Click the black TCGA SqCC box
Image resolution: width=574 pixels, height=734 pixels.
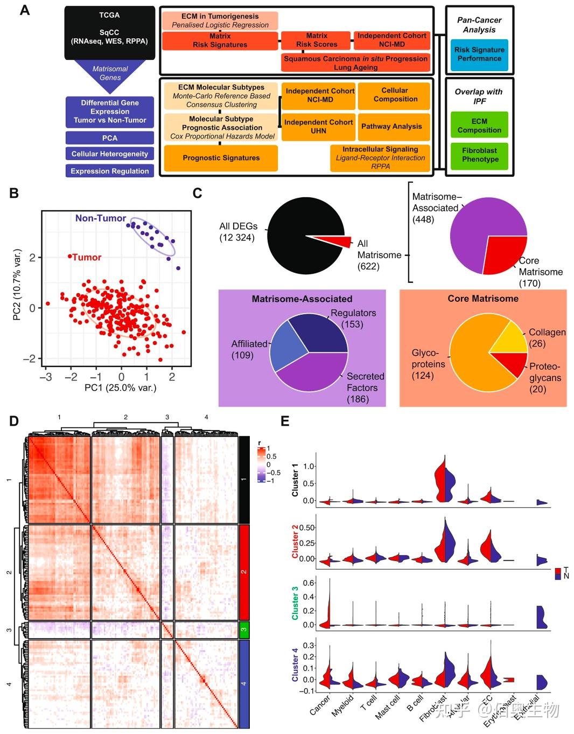109,32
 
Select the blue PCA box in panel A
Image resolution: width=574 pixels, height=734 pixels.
110,138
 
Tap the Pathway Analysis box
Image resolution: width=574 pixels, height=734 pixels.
394,126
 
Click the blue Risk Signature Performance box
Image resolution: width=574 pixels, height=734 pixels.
479,54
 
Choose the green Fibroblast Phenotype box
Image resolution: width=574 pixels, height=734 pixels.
479,155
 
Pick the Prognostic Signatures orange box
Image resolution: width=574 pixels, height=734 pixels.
221,158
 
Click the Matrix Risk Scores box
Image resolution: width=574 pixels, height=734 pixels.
316,40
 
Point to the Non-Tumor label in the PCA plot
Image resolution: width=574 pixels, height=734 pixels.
100,218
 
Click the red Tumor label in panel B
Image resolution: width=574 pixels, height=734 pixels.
86,257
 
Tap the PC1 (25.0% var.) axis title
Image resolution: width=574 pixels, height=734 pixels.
120,387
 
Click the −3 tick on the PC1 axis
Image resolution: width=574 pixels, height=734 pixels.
46,377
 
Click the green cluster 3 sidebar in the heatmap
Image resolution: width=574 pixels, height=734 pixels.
243,629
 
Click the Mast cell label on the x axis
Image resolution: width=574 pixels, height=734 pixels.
387,707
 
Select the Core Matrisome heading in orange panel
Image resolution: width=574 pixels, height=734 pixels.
483,299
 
